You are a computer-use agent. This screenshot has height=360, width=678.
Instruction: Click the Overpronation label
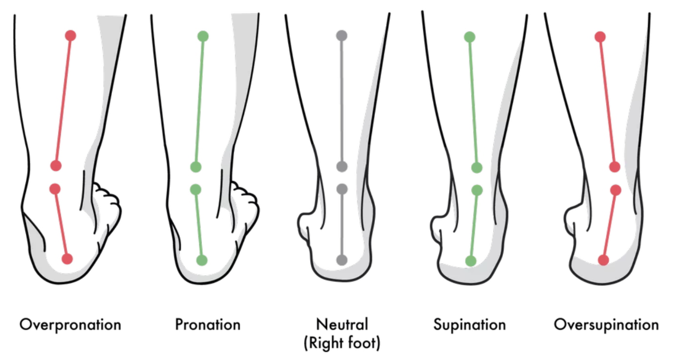click(x=70, y=325)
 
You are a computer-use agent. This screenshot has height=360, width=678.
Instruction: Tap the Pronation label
click(x=208, y=325)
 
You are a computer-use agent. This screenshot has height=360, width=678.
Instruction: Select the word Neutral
click(x=342, y=324)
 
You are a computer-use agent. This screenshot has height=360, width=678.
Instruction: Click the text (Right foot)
click(x=342, y=343)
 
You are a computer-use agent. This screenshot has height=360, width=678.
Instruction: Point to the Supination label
click(x=469, y=325)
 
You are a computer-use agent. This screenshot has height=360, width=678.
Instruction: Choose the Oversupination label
click(x=606, y=325)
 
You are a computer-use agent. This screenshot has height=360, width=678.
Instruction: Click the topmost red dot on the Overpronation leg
click(x=70, y=36)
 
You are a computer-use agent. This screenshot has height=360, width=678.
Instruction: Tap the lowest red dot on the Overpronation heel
click(x=67, y=259)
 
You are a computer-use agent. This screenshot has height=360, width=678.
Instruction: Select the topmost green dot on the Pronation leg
click(x=203, y=36)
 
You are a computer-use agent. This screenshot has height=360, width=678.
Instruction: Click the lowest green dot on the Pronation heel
click(x=201, y=260)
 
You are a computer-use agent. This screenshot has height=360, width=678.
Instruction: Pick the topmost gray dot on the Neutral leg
click(x=342, y=36)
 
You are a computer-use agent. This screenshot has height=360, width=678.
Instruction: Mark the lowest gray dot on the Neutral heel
click(x=342, y=259)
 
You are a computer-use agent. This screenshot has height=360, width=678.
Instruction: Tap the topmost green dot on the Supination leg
click(x=469, y=37)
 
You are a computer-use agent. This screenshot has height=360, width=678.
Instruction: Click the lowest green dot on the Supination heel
click(x=471, y=261)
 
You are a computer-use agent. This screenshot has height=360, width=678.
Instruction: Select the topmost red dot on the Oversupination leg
click(x=600, y=37)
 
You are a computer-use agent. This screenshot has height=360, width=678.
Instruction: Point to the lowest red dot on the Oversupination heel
click(x=604, y=260)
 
